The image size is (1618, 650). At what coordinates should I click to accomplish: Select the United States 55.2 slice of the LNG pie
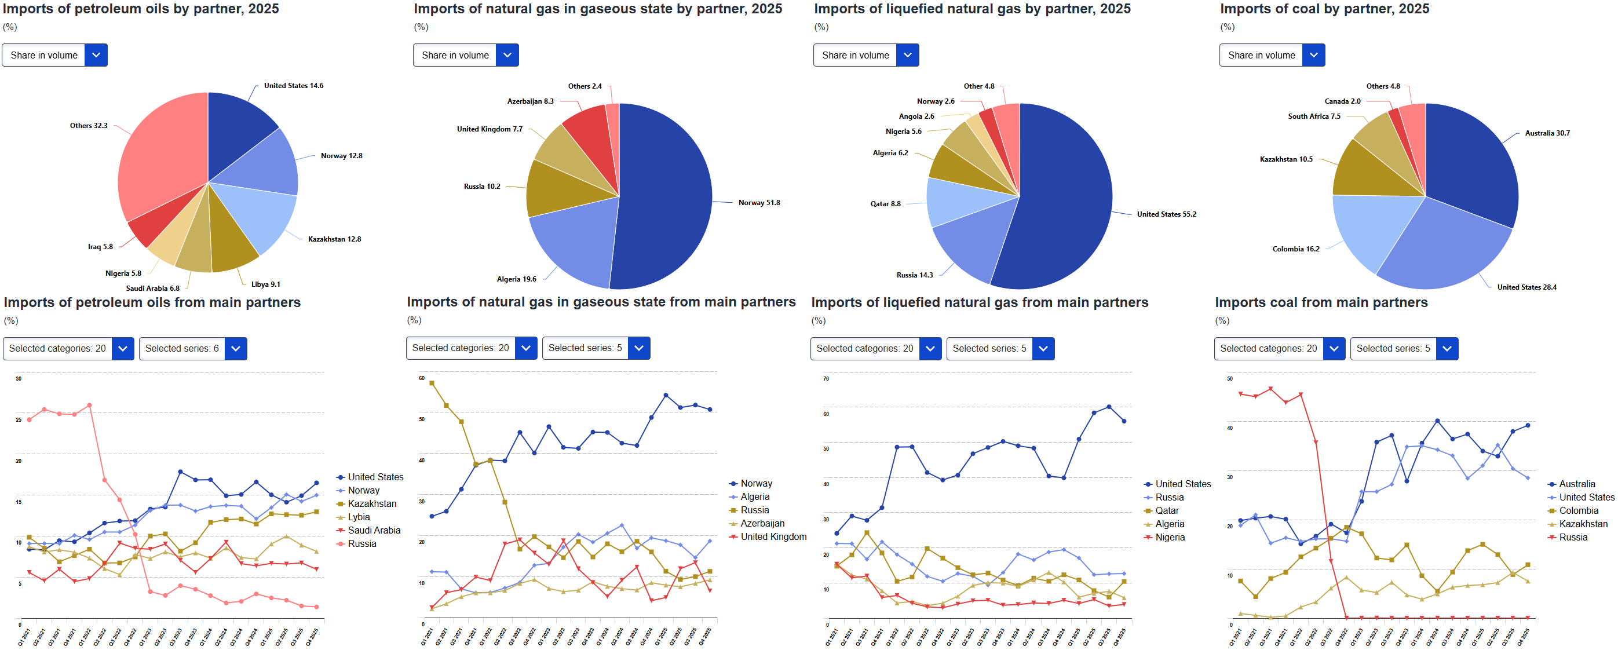(x=1061, y=201)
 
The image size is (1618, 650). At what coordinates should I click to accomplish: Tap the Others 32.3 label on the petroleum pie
(x=89, y=126)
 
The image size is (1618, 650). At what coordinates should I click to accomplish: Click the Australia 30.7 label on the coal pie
(x=1547, y=133)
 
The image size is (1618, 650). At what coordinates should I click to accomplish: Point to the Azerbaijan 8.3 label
(x=530, y=101)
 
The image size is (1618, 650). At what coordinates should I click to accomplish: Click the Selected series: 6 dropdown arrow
(x=236, y=349)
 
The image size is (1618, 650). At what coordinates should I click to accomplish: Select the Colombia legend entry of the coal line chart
(x=1579, y=511)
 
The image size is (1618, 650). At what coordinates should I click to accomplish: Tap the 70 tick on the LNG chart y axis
(x=826, y=379)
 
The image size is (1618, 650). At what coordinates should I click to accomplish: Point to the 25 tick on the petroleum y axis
(x=19, y=419)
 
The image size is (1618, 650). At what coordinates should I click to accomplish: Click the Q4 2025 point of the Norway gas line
(x=710, y=410)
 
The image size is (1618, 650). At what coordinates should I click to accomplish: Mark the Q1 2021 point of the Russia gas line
(x=432, y=383)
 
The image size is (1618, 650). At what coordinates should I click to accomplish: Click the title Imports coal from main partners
(x=1321, y=303)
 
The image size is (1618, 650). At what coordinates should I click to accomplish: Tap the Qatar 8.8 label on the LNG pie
(x=885, y=204)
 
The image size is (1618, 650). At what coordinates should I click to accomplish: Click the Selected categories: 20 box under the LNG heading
(x=864, y=349)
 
